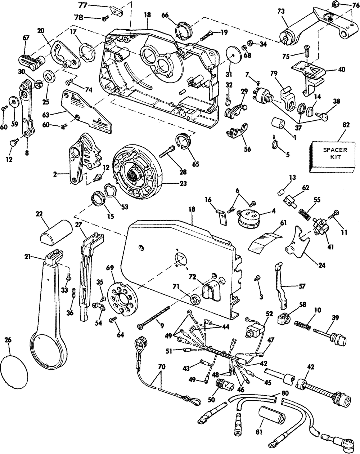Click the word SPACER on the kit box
(x=327, y=150)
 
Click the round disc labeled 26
(x=14, y=371)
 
